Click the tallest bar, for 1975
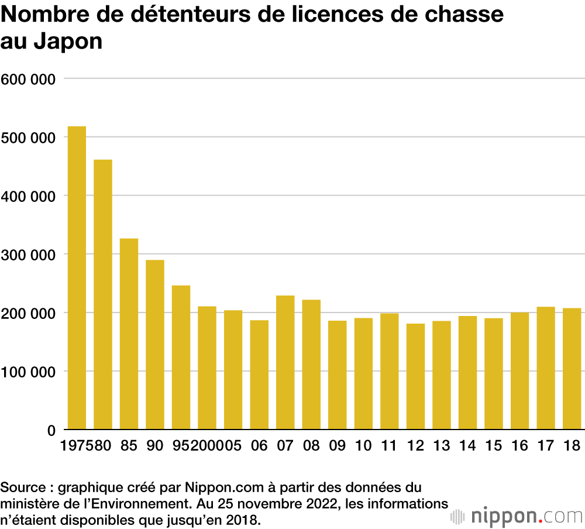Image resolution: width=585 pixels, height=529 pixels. click(x=77, y=278)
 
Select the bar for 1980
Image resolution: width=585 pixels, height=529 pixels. click(x=103, y=294)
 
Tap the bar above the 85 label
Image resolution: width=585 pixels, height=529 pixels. click(x=129, y=334)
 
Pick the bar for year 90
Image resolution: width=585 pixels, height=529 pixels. click(x=155, y=345)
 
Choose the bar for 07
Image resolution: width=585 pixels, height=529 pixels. click(x=285, y=363)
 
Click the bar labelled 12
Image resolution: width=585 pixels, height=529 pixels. click(x=415, y=376)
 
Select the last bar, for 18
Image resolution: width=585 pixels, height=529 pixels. click(x=572, y=369)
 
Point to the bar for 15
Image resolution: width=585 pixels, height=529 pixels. click(x=493, y=374)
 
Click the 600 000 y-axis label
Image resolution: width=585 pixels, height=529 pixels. click(x=27, y=79)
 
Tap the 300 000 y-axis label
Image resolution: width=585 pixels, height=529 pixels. click(x=27, y=255)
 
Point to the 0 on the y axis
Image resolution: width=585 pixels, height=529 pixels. click(x=51, y=430)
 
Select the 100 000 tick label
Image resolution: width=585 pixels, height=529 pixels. click(x=27, y=372)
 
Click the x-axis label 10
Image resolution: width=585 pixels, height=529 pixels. click(x=363, y=446)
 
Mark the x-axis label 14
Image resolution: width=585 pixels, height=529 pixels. click(x=467, y=446)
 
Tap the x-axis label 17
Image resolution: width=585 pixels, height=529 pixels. click(x=545, y=446)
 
